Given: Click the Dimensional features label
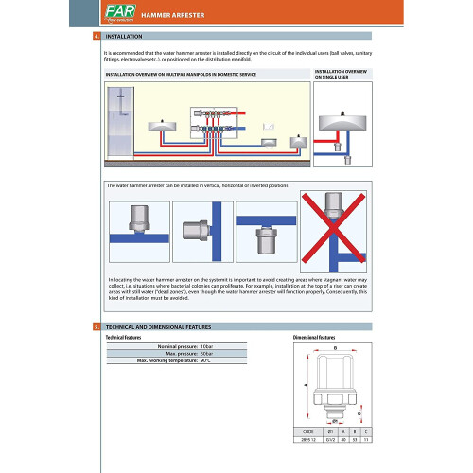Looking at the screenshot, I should (315, 337).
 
